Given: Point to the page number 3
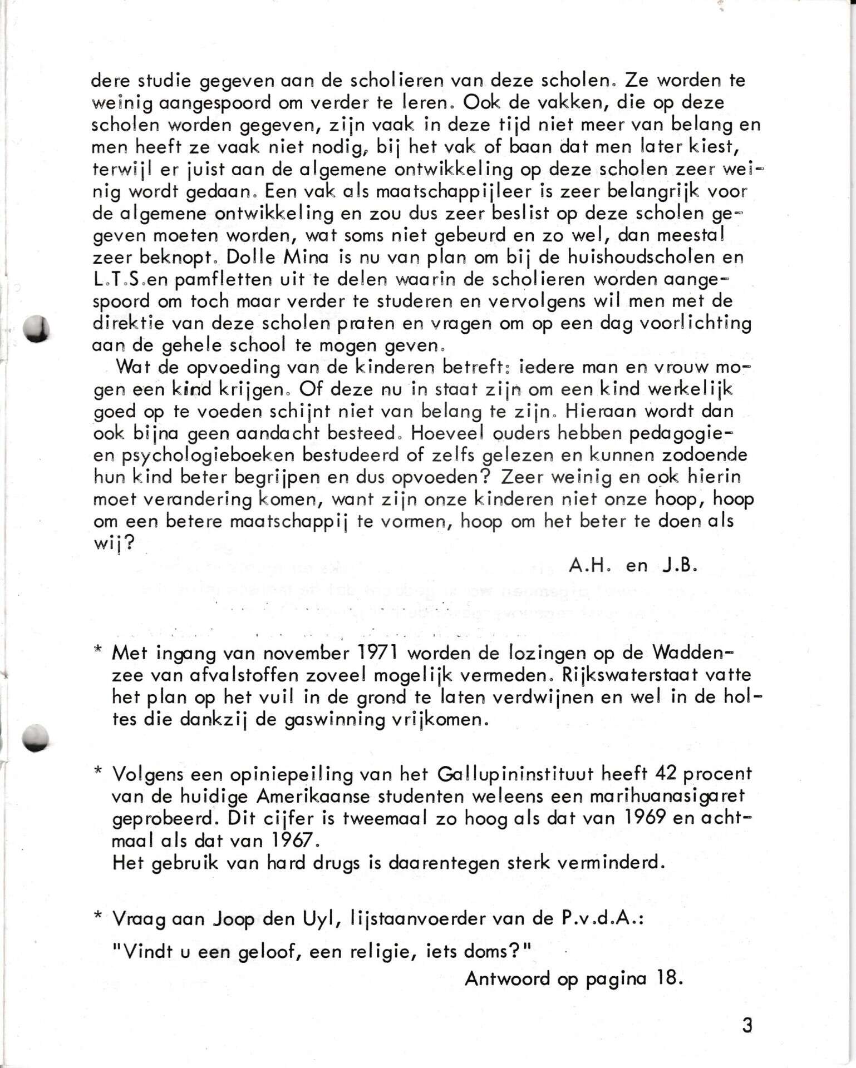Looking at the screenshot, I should click(x=747, y=1025).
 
